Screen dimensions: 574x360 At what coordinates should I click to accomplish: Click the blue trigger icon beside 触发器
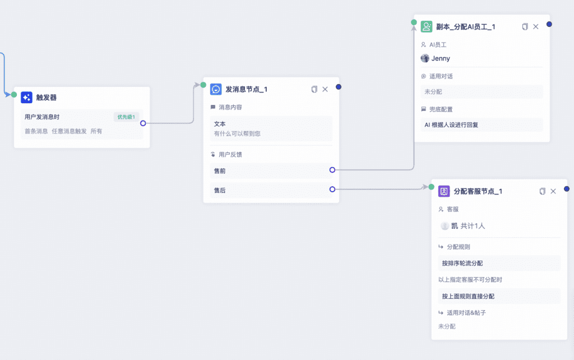pyautogui.click(x=26, y=98)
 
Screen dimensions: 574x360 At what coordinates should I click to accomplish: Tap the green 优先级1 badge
pyautogui.click(x=126, y=117)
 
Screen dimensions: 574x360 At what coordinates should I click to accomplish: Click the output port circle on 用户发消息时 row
pyautogui.click(x=143, y=123)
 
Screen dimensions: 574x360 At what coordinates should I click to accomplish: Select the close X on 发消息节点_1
pyautogui.click(x=325, y=89)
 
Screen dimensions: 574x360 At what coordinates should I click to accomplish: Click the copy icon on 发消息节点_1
pyautogui.click(x=314, y=89)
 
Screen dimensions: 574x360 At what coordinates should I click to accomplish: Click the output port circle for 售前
pyautogui.click(x=332, y=170)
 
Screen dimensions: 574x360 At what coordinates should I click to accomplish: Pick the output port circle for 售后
pyautogui.click(x=332, y=190)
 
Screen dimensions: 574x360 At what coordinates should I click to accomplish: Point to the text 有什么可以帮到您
pyautogui.click(x=237, y=133)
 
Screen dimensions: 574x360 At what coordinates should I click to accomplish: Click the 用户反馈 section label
pyautogui.click(x=230, y=155)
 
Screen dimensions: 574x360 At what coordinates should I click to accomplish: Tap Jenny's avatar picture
pyautogui.click(x=425, y=58)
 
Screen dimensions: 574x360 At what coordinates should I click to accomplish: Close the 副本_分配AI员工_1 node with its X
pyautogui.click(x=535, y=27)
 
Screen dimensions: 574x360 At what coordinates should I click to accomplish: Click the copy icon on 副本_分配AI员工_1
pyautogui.click(x=525, y=27)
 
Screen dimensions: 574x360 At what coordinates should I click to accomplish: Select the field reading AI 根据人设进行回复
pyautogui.click(x=482, y=125)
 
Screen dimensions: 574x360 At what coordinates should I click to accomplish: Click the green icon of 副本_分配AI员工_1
pyautogui.click(x=427, y=27)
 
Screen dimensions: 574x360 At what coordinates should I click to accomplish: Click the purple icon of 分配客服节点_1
pyautogui.click(x=444, y=191)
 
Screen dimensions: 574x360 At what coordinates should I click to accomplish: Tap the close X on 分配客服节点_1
pyautogui.click(x=553, y=191)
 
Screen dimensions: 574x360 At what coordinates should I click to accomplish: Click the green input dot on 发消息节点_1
pyautogui.click(x=203, y=85)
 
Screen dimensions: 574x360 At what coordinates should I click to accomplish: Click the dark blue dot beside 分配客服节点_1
pyautogui.click(x=567, y=188)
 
